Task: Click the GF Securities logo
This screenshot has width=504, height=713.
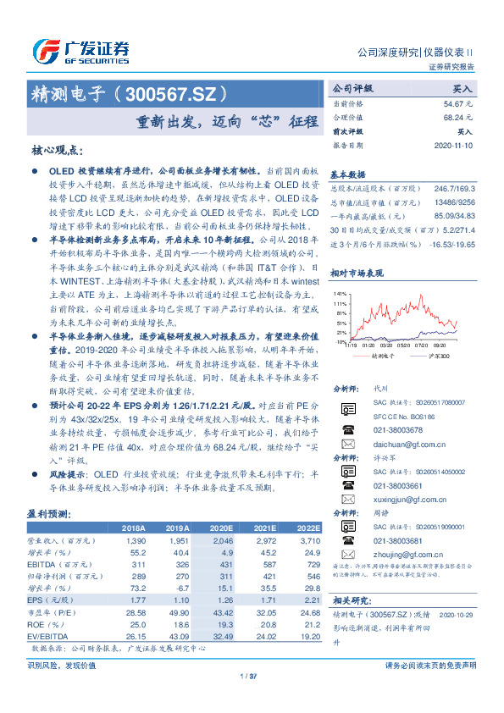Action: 80,50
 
